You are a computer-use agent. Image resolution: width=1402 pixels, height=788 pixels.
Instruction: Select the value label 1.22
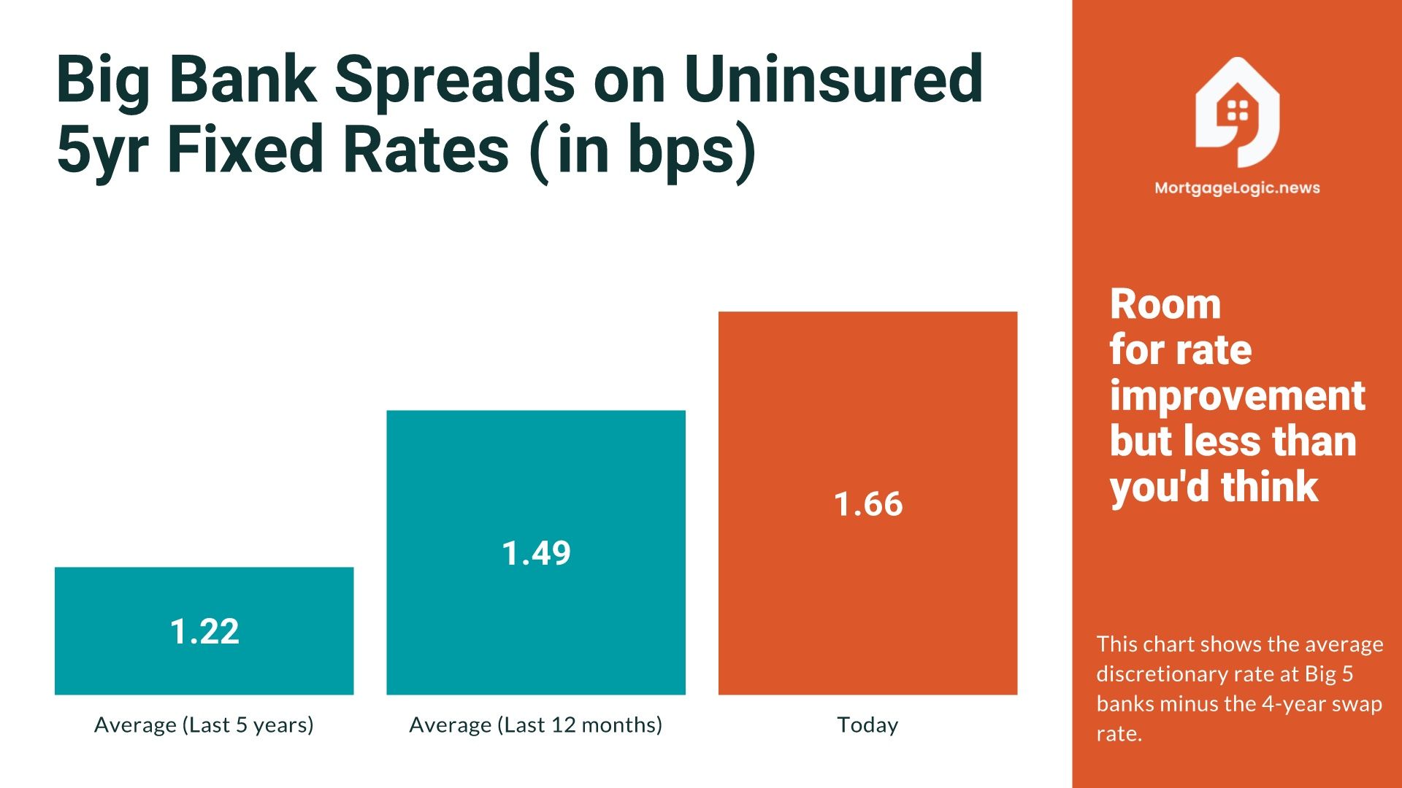[x=204, y=632]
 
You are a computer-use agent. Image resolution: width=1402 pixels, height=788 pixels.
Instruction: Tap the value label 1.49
[x=536, y=553]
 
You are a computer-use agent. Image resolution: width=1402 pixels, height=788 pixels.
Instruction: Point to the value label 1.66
[x=868, y=504]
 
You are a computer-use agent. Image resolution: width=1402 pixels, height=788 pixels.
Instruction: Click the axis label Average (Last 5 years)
[x=204, y=725]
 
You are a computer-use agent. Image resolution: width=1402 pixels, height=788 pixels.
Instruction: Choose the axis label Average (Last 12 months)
[x=535, y=725]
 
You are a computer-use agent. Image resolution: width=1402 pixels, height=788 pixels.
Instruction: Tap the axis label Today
[x=867, y=725]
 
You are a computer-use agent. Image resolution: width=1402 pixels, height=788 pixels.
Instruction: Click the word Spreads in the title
[x=454, y=80]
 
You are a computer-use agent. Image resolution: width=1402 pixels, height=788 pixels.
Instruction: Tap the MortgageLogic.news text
[x=1237, y=188]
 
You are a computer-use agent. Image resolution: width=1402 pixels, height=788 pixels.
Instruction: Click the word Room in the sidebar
[x=1165, y=304]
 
